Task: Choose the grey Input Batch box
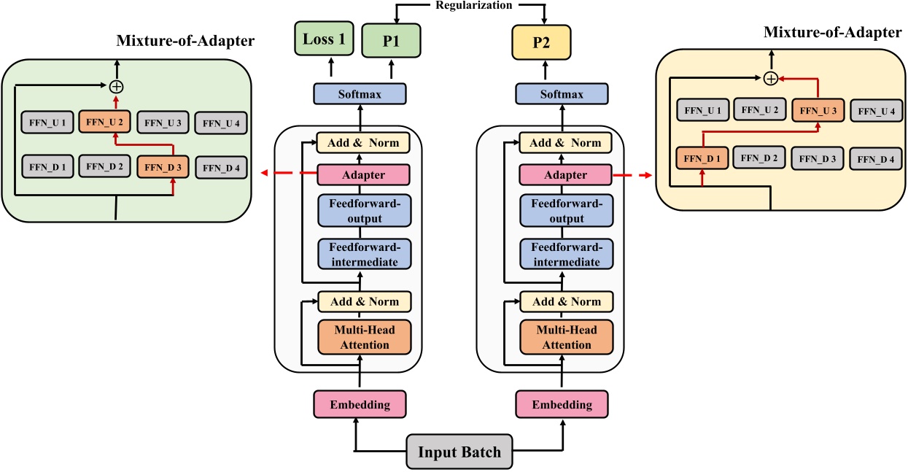click(459, 452)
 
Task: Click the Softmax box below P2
click(562, 94)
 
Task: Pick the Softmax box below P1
click(358, 94)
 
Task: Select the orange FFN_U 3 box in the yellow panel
click(819, 110)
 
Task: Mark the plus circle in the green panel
click(115, 86)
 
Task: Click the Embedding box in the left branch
click(359, 403)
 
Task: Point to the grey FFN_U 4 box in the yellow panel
click(877, 111)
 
